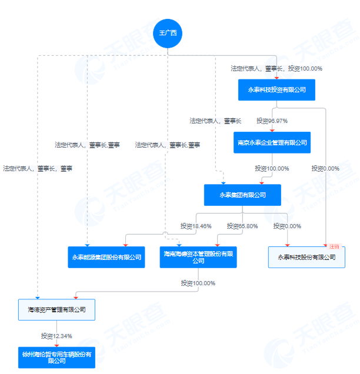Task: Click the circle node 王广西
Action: [168, 34]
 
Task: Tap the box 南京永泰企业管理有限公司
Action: [272, 142]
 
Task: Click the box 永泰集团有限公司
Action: [242, 195]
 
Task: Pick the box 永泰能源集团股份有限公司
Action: [106, 257]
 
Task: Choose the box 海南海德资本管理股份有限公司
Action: [198, 257]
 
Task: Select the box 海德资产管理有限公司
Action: [56, 309]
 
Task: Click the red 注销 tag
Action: [335, 246]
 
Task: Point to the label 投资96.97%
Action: [272, 121]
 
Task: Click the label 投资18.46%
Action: [195, 226]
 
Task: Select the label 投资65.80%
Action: [242, 226]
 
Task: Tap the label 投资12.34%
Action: [56, 336]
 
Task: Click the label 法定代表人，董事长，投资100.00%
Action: [276, 69]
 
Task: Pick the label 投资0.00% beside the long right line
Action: [326, 168]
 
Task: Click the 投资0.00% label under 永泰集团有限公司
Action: [287, 226]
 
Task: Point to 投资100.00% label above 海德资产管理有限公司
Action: [198, 283]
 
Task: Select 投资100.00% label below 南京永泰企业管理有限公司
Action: [272, 168]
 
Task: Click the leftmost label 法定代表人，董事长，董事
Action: [38, 168]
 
